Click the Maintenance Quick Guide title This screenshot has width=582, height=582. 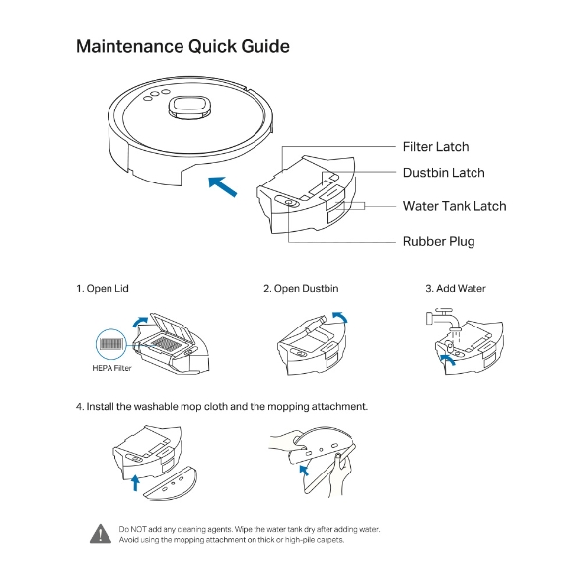(182, 47)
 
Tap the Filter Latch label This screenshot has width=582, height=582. (436, 147)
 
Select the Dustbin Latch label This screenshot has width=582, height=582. (444, 173)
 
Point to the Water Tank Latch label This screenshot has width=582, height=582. (455, 206)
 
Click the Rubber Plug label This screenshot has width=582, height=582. (439, 242)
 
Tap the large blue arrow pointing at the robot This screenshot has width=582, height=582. (222, 186)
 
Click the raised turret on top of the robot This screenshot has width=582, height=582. (189, 108)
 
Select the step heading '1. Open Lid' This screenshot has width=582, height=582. (103, 289)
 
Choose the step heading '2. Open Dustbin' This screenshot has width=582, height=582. (301, 289)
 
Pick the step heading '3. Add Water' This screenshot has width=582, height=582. (456, 289)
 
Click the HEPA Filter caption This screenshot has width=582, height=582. (111, 368)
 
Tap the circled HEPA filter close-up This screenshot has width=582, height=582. (111, 344)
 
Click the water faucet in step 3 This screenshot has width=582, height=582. (443, 319)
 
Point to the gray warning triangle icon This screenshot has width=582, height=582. (101, 534)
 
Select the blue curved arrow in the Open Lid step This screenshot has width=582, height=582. (139, 321)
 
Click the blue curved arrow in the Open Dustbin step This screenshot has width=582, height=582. (340, 317)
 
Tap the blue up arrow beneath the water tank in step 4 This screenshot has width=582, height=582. (136, 482)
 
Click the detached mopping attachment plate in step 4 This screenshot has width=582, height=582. (171, 483)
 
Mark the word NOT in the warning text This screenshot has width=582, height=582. (139, 529)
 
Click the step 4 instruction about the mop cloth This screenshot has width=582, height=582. (222, 407)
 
